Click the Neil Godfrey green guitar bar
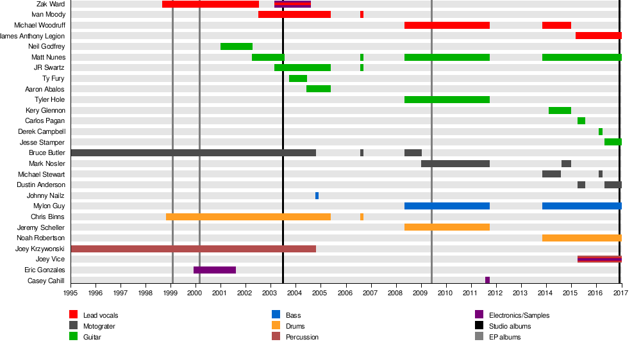point(237,47)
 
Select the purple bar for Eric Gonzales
point(215,270)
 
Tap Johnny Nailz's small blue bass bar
point(317,195)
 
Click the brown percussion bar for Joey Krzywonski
point(193,249)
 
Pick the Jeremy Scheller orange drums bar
point(447,227)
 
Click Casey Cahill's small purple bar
point(487,281)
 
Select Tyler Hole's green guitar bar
point(447,100)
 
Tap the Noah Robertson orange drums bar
point(581,238)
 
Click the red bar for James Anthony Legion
point(598,36)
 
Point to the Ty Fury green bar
point(298,79)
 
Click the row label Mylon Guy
point(49,206)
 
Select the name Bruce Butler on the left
point(47,153)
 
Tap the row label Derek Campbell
point(42,132)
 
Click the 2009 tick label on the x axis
point(421,293)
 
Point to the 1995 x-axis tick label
point(71,293)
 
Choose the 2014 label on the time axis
point(546,293)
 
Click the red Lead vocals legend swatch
point(74,315)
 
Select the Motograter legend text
point(99,326)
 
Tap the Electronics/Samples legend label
point(519,315)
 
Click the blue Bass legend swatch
point(276,315)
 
